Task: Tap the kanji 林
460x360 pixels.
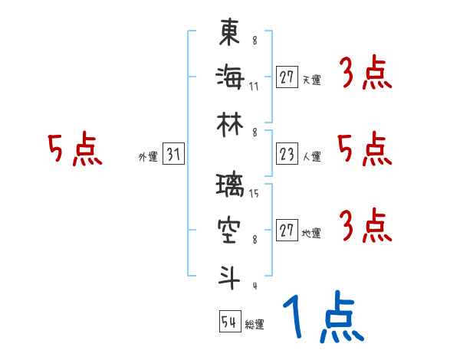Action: pyautogui.click(x=229, y=123)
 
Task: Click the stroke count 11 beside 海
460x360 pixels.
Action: pyautogui.click(x=254, y=86)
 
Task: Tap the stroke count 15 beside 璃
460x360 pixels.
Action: pyautogui.click(x=254, y=194)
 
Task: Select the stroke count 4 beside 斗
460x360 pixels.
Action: pyautogui.click(x=255, y=286)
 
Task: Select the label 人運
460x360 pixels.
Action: pyautogui.click(x=311, y=157)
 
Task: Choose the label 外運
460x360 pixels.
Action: pyautogui.click(x=148, y=157)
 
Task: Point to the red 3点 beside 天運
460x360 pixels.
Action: pyautogui.click(x=365, y=74)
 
